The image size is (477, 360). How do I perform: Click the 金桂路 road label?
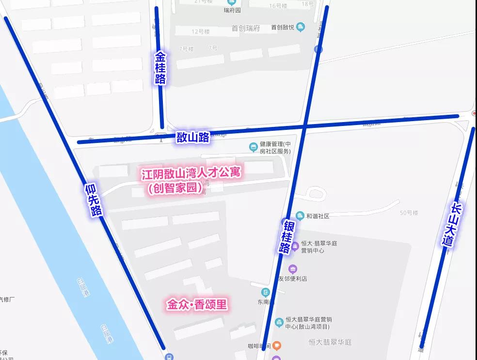point(160,68)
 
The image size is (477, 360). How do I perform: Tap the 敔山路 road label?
point(193,137)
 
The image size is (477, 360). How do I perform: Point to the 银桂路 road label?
point(286,236)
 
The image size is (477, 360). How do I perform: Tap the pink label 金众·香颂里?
point(197,305)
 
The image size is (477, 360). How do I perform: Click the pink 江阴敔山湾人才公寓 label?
point(191,172)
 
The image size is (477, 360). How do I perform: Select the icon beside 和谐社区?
point(300,216)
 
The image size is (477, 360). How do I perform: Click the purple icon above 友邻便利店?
point(292,269)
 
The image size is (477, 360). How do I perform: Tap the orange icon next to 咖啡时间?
point(277,345)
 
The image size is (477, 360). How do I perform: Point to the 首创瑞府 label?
point(246,28)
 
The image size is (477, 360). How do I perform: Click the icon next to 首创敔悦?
point(301,27)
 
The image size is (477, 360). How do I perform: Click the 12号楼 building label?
point(200,31)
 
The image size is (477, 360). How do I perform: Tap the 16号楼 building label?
point(278,6)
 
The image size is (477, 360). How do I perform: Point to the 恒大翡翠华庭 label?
point(330,342)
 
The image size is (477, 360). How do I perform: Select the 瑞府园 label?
point(232,10)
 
